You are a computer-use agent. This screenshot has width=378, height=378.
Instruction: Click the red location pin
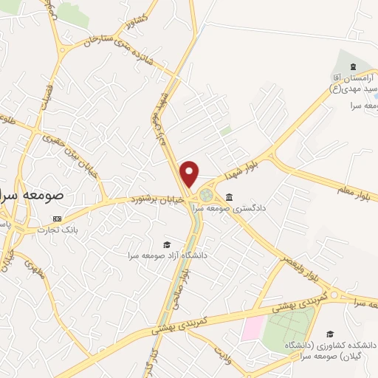tap(190, 173)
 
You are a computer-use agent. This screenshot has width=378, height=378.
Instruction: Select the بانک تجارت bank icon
tap(58, 219)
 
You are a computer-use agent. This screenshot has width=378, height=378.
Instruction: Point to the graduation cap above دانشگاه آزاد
tap(167, 244)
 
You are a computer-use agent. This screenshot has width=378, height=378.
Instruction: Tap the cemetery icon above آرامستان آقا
tap(352, 67)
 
